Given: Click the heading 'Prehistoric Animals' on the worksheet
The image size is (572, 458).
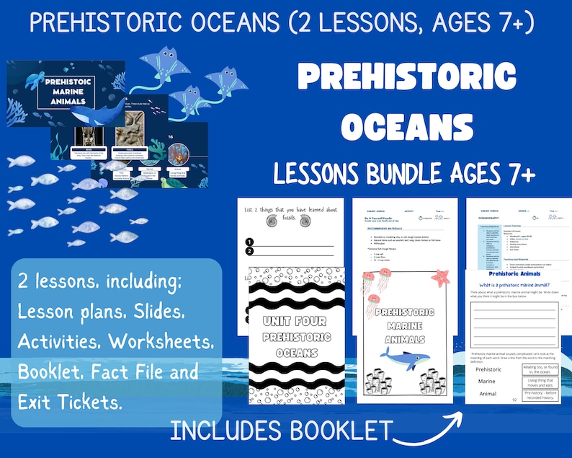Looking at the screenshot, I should click(514, 274).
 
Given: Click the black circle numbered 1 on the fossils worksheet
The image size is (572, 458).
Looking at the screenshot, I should click(249, 242).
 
